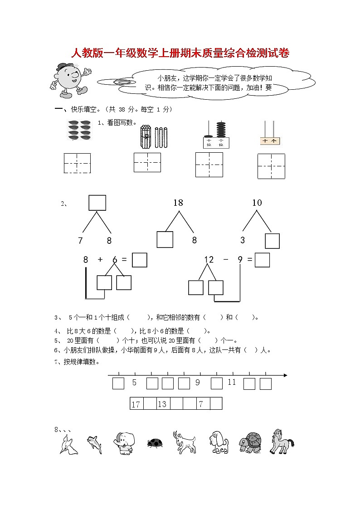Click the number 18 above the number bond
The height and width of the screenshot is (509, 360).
pyautogui.click(x=178, y=203)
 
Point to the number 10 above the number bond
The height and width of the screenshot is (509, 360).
pyautogui.click(x=257, y=203)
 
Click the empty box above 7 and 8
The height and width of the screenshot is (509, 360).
pyautogui.click(x=97, y=203)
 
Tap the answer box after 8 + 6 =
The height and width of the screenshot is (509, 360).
pyautogui.click(x=139, y=260)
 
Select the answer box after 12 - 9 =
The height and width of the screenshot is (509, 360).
pyautogui.click(x=262, y=260)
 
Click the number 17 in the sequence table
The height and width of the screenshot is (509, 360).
pyautogui.click(x=136, y=404)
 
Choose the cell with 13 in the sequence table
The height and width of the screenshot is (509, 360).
pyautogui.click(x=162, y=404)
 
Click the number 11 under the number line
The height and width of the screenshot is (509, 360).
pyautogui.click(x=232, y=383)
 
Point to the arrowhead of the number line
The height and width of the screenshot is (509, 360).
pyautogui.click(x=285, y=375)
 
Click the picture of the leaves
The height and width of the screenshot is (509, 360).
pyautogui.click(x=79, y=130)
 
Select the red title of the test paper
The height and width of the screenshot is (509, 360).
pyautogui.click(x=180, y=53)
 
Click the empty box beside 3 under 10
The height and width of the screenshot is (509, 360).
pyautogui.click(x=272, y=241)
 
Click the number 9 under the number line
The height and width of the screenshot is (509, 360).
pyautogui.click(x=198, y=383)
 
